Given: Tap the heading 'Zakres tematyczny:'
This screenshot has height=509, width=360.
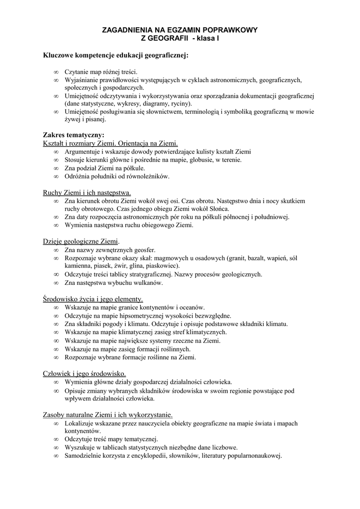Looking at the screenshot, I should [x=74, y=135].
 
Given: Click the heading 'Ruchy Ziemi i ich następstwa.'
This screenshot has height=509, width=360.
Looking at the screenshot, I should [x=87, y=192].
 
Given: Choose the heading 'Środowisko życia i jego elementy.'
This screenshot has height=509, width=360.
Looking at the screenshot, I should [x=93, y=299].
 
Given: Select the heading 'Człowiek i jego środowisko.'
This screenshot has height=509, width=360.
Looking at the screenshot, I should [x=85, y=373].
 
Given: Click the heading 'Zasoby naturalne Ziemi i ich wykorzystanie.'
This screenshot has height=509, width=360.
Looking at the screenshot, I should [x=108, y=415].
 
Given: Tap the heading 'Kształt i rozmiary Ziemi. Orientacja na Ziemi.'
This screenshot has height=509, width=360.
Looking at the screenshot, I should [x=110, y=143].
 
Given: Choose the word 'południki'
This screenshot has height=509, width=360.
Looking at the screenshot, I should [x=107, y=176].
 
